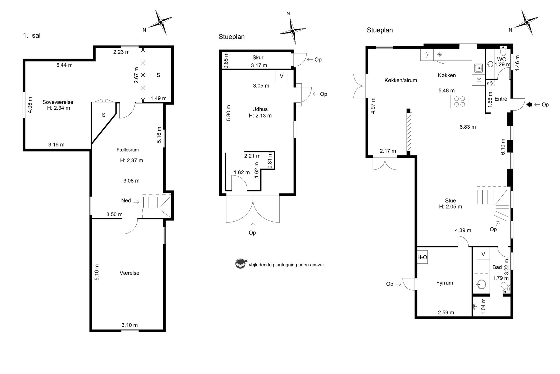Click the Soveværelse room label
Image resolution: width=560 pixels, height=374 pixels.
coord(58,102)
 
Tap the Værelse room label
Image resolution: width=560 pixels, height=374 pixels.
coord(129,273)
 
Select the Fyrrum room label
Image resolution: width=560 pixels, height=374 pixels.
coord(445,283)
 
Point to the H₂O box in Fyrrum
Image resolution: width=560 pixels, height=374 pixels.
coord(422,257)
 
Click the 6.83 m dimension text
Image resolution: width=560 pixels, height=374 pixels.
coord(468,127)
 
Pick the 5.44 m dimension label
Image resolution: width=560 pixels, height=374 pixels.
coord(64,65)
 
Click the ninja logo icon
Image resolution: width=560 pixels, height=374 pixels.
coord(241,264)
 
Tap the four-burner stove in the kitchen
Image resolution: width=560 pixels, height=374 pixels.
coord(459,101)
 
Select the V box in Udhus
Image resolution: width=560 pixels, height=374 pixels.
coord(281,76)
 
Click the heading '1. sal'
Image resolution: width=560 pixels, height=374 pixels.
coord(32,35)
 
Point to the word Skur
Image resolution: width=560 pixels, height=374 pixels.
coord(258,58)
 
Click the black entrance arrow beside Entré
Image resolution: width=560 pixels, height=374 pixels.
coord(529,105)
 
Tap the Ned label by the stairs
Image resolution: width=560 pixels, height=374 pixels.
coord(126,200)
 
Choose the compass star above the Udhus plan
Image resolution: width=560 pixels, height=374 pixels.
coord(293,31)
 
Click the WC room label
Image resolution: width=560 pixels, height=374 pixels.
coord(502,59)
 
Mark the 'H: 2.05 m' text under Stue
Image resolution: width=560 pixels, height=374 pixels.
coord(450,207)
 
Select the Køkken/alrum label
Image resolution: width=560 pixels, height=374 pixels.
coord(401,80)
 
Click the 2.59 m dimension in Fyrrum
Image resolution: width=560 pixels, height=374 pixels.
coord(446,312)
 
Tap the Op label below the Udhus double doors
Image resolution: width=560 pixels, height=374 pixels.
coord(252,233)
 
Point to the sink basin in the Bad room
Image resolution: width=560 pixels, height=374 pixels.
coord(481,284)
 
